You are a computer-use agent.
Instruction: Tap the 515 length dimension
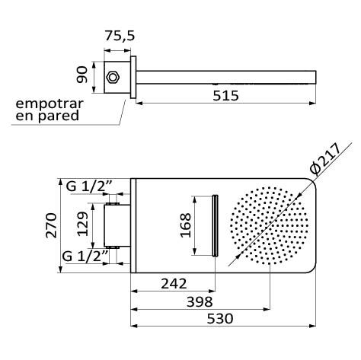225,95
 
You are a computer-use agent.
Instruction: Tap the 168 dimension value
186,225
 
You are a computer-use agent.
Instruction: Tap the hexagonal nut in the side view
113,75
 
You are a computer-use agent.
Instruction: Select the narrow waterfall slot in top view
216,225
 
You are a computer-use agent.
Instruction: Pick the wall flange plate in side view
133,75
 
